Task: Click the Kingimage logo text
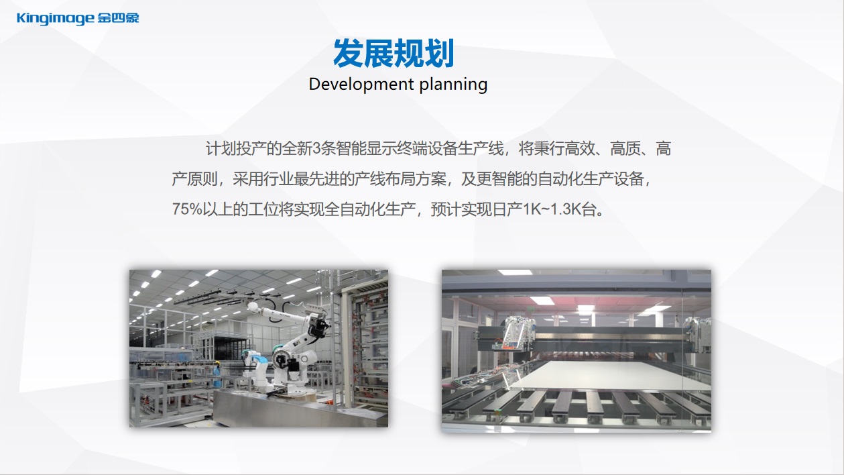click(56, 19)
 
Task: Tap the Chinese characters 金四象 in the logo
click(118, 17)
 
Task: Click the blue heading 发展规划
click(394, 53)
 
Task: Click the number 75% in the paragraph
click(187, 209)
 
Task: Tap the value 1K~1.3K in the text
click(552, 209)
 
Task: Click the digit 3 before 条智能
click(316, 148)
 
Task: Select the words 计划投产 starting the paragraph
click(235, 148)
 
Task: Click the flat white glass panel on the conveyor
click(611, 376)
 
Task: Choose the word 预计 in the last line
click(446, 209)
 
